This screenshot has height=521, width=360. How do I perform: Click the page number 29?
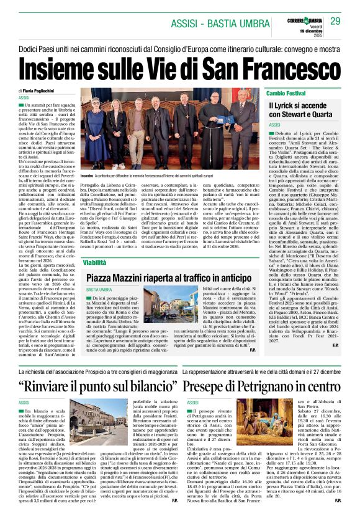pyautogui.click(x=335, y=22)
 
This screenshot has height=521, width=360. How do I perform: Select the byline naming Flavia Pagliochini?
pyautogui.click(x=45, y=91)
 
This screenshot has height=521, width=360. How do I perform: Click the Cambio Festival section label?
pyautogui.click(x=286, y=92)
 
